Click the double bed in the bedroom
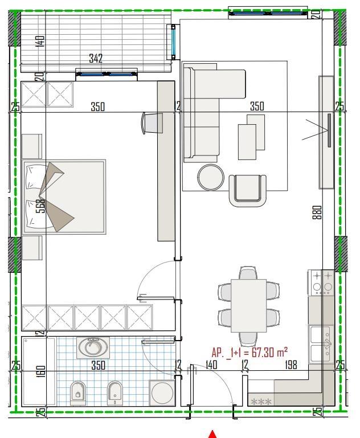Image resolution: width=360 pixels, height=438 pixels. click(64, 197)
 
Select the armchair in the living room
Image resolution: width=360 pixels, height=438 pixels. click(247, 189)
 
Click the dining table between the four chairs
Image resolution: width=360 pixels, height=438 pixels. click(249, 305)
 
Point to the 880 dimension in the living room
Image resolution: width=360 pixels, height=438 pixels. click(317, 212)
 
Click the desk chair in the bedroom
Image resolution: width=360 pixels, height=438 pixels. click(153, 122)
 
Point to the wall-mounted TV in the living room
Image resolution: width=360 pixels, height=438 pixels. click(329, 131)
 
